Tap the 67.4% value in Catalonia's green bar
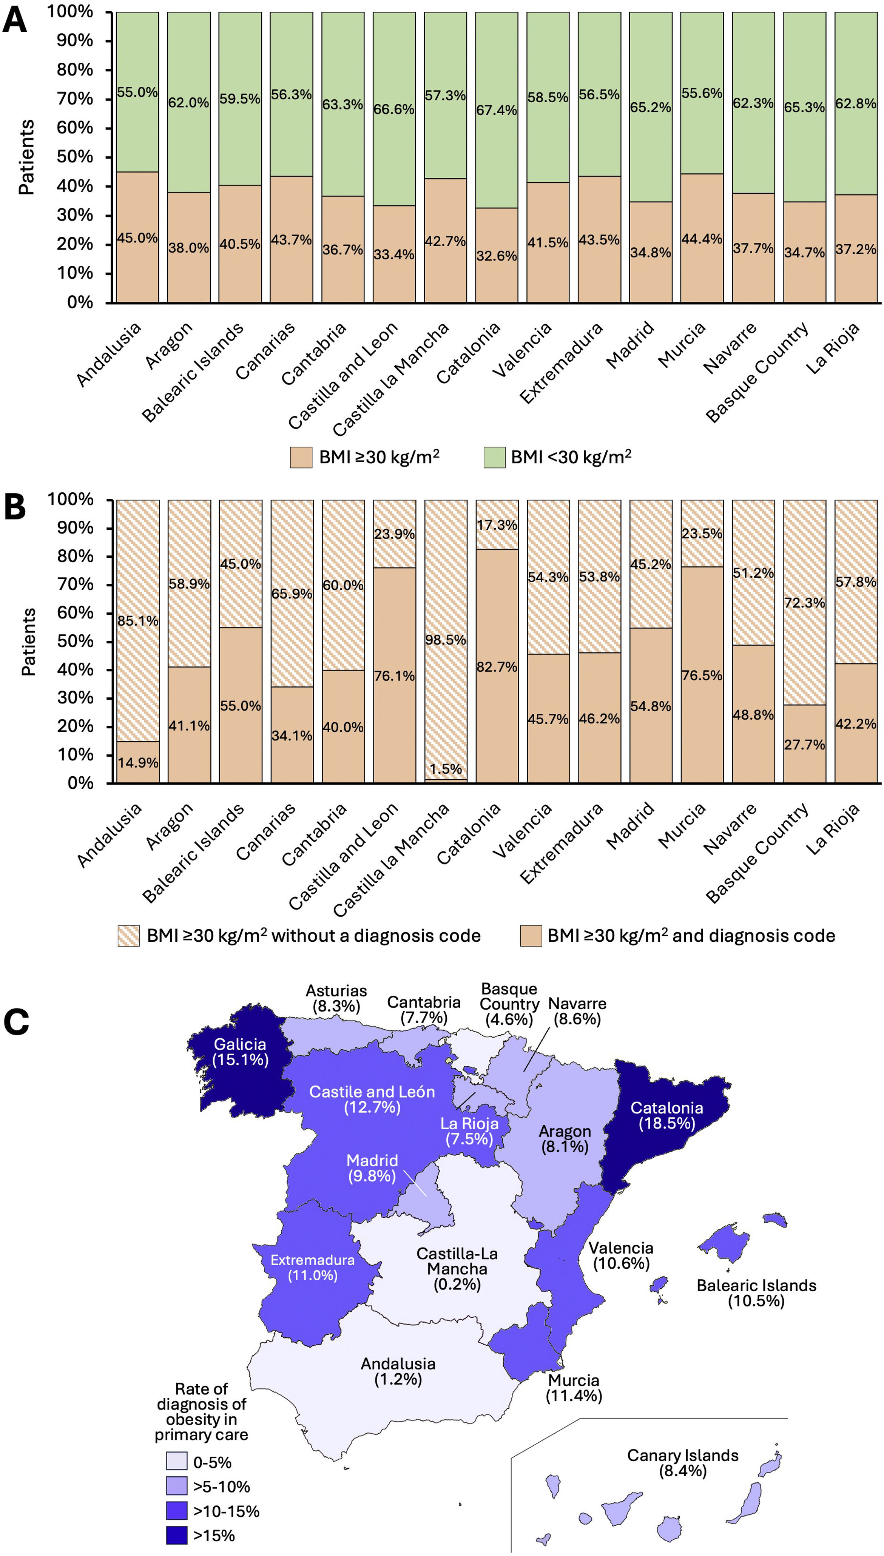tap(497, 110)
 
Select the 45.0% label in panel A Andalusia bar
tap(137, 237)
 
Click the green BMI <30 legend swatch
tap(494, 457)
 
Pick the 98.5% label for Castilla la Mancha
tap(446, 639)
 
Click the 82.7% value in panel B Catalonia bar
tap(497, 666)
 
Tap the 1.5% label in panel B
tap(446, 769)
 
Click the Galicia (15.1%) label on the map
tap(240, 1052)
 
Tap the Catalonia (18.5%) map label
tap(666, 1115)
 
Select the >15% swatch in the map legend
tap(177, 1535)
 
